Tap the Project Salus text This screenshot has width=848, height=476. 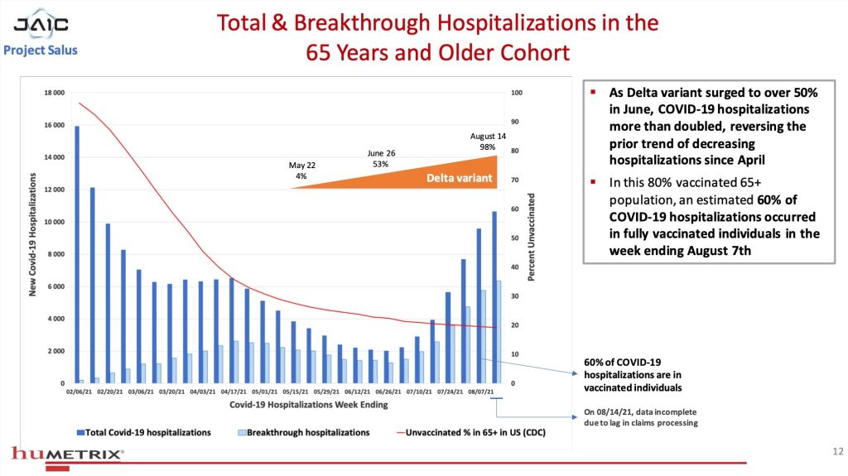pos(41,50)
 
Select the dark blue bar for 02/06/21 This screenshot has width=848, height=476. pos(77,254)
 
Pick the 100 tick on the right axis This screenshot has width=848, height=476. pos(516,93)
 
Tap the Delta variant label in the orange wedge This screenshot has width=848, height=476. pos(460,178)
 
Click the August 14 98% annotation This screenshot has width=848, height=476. pos(488,142)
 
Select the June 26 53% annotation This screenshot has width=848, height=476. pos(381,159)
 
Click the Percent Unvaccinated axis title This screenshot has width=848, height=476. pos(532,237)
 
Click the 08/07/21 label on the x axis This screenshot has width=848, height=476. pos(482,392)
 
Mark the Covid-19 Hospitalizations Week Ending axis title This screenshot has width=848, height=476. pos(286,406)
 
